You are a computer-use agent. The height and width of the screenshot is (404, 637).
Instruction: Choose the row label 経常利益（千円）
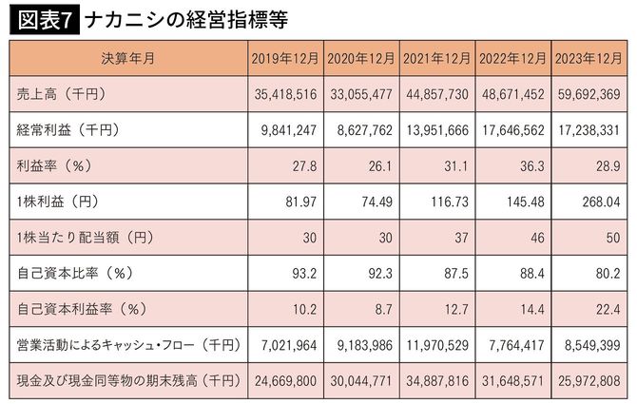click(x=67, y=129)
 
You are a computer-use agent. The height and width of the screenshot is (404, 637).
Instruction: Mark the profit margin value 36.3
click(x=533, y=165)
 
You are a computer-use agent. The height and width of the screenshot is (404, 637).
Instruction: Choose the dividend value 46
click(x=538, y=237)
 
